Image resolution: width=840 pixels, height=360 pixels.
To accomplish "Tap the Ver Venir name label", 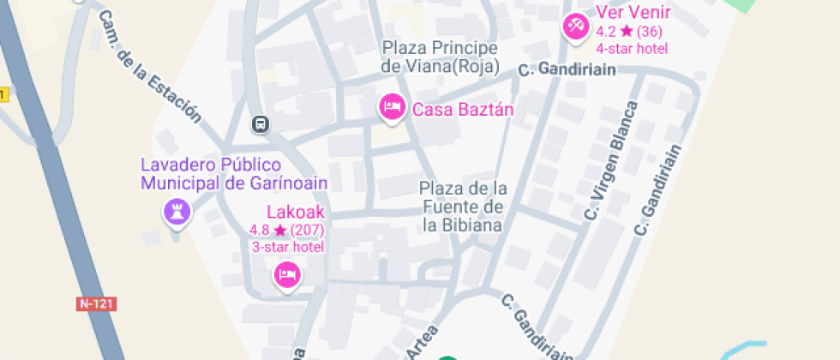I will [x=633, y=13].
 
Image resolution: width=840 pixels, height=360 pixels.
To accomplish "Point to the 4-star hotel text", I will [x=632, y=48].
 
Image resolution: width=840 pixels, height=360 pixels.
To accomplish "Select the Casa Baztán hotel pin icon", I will [x=392, y=107].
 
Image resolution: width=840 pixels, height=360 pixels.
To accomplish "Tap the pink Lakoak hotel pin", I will [x=286, y=275].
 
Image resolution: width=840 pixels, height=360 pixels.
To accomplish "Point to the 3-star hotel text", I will [x=287, y=247].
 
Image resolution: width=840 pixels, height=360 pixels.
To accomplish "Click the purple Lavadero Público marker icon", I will [x=177, y=212].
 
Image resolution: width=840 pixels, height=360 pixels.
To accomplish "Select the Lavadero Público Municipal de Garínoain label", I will [x=234, y=174].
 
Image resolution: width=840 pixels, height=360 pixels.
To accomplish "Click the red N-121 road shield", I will [x=96, y=303].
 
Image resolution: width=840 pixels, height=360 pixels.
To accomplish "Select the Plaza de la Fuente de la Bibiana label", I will [x=463, y=207].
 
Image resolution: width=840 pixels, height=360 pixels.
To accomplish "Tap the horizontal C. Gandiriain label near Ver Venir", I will [x=567, y=70].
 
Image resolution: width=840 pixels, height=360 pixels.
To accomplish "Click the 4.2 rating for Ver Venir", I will [x=632, y=31].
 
